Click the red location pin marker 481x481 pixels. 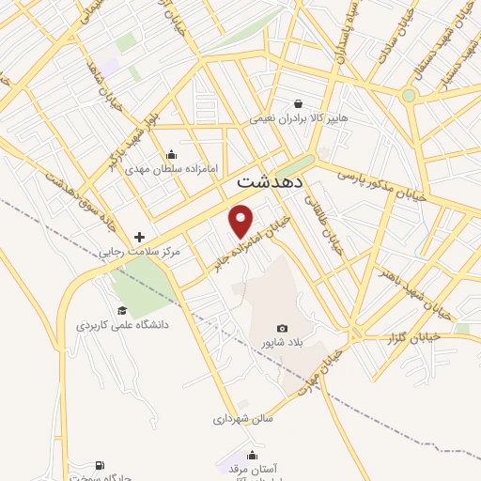click(x=242, y=220)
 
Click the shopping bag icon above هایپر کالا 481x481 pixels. click(x=298, y=104)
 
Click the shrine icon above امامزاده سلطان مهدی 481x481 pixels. click(x=171, y=155)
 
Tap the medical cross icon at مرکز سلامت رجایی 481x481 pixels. click(x=140, y=237)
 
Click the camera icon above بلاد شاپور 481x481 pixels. click(x=282, y=327)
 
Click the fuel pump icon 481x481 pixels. click(x=100, y=465)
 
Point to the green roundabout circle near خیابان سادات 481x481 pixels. click(x=409, y=95)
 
